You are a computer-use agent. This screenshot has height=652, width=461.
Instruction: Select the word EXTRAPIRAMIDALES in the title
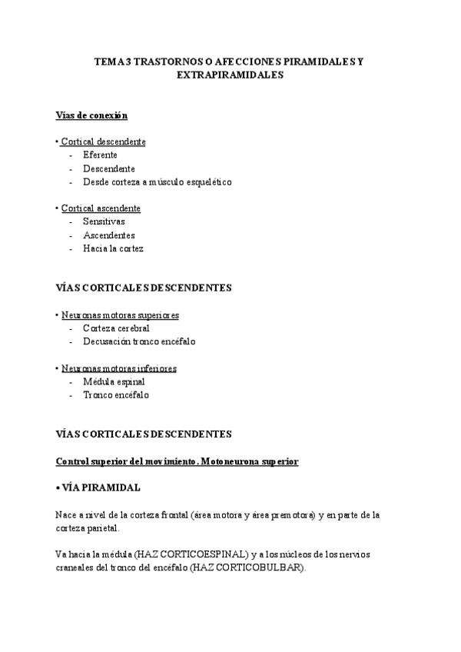pos(230,75)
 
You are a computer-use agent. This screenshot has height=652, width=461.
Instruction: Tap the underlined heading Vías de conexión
pos(91,115)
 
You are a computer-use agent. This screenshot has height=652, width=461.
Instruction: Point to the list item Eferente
pos(100,155)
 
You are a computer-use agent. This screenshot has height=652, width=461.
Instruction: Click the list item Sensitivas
pos(104,221)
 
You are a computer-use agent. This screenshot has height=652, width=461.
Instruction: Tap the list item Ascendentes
pos(108,235)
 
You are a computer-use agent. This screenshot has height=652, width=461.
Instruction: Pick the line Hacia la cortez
pos(113,248)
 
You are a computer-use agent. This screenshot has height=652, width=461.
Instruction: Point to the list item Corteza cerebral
pos(116,328)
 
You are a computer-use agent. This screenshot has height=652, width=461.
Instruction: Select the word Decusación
pos(106,341)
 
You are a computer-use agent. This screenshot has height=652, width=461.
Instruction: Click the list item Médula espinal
pos(113,381)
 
